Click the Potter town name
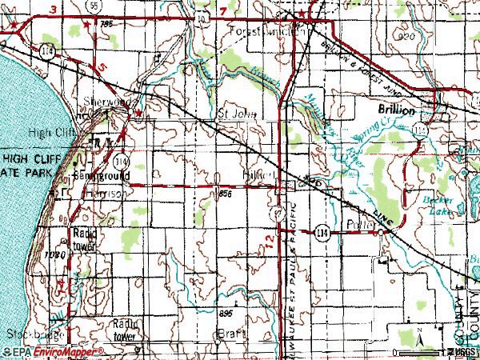tap(359, 226)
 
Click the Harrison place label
tap(91, 193)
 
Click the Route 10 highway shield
tap(200, 15)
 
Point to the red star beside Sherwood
tap(138, 114)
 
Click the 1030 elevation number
tap(54, 254)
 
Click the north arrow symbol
tap(418, 340)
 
